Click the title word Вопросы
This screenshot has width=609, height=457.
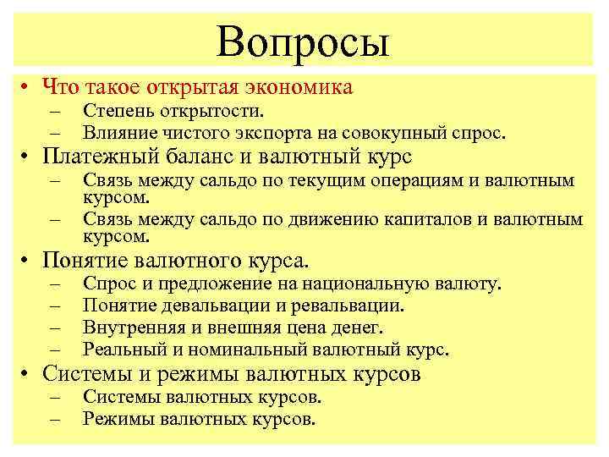303,40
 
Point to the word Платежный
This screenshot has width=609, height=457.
107,157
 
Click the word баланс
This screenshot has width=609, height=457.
211,157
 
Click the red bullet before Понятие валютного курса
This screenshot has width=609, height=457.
27,260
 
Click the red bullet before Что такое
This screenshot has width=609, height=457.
27,86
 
